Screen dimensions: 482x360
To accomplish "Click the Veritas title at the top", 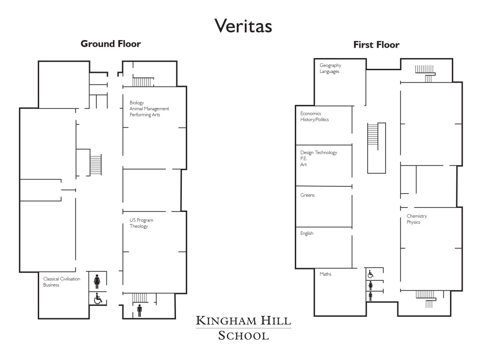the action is [243, 26].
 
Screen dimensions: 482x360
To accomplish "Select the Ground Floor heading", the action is [111, 44].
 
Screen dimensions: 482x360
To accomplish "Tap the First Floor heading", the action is [376, 45].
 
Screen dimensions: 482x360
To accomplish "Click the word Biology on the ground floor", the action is [136, 103].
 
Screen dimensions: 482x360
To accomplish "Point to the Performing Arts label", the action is [145, 115].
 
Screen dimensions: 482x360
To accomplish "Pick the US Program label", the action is [141, 220].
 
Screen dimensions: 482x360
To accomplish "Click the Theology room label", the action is [139, 226].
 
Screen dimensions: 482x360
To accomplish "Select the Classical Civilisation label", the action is [62, 279].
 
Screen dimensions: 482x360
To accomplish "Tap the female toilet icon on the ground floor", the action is [97, 282].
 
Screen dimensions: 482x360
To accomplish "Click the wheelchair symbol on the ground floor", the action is [98, 298].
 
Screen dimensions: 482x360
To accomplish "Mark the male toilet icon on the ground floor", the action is [140, 310].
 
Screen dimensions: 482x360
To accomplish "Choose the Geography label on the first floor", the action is [330, 66].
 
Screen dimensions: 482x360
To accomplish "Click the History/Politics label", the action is [315, 120].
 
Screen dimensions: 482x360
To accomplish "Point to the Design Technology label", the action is [319, 153].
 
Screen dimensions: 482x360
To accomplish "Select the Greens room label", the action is [307, 195].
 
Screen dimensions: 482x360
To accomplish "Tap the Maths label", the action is [325, 274].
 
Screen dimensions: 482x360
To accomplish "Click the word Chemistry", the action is [417, 216].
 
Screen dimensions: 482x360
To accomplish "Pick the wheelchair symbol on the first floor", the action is [370, 274].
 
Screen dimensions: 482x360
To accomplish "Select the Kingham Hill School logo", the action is [243, 328].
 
